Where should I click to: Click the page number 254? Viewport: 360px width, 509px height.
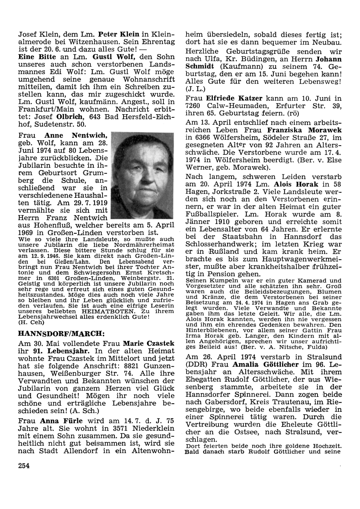coord(24,465)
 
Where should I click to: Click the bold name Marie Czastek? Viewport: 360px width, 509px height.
coord(149,343)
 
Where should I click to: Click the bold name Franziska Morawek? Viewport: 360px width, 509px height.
coord(305,130)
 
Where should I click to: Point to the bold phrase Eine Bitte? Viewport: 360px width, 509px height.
coord(37,57)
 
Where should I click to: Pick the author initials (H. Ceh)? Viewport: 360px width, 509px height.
coord(31,322)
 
